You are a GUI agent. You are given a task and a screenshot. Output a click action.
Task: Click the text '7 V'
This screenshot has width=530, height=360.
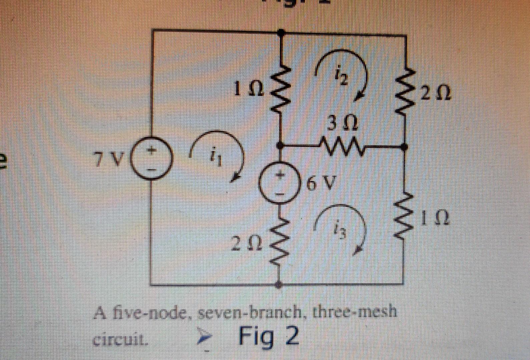[x=109, y=160]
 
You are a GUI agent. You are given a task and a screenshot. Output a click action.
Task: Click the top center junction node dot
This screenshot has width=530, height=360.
[x=281, y=33]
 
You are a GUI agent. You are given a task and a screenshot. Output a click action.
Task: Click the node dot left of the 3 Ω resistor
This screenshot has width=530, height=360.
[x=281, y=146]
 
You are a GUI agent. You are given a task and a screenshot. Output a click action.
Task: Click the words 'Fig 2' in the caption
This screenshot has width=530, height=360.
[x=269, y=337]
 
